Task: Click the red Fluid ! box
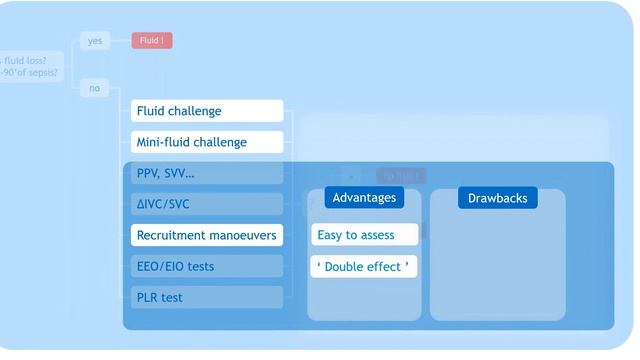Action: (x=152, y=41)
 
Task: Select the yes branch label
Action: (x=95, y=41)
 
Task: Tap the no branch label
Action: (x=95, y=88)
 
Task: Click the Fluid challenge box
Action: (x=207, y=111)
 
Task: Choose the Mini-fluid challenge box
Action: (x=207, y=142)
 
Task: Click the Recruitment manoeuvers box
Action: (x=207, y=235)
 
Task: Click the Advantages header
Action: (x=364, y=197)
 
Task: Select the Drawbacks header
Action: (x=497, y=197)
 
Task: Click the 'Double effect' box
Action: (x=364, y=266)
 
